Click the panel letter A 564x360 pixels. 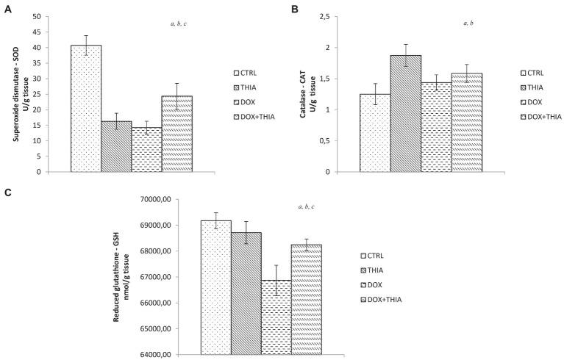pos(7,10)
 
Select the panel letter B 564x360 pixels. pos(294,10)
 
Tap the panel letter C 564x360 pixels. pos(7,193)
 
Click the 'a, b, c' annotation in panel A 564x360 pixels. pos(182,24)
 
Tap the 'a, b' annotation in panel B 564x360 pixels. pos(468,24)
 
